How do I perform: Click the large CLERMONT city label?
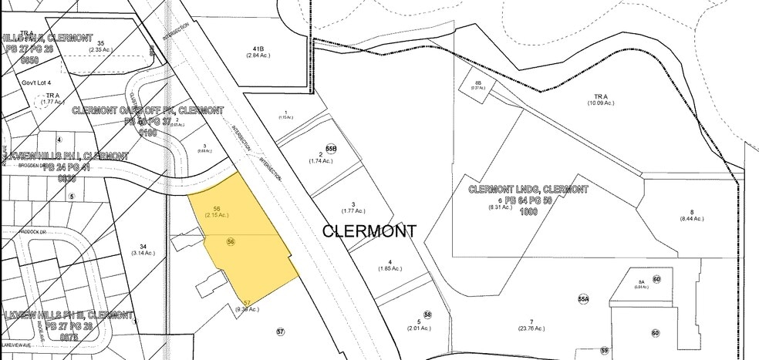point(369,230)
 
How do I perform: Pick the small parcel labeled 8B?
point(478,82)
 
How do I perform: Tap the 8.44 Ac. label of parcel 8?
point(692,219)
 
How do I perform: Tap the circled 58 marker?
point(427,315)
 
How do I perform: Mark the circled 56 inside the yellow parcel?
point(230,242)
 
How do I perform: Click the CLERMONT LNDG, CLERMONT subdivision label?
point(528,189)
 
